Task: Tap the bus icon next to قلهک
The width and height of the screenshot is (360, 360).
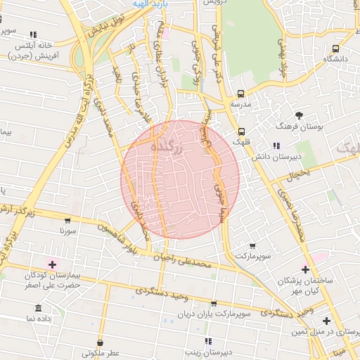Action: pos(242,131)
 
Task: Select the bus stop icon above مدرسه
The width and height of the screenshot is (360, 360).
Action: pos(241,94)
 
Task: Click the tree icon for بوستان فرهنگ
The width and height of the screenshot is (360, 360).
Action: pos(300,115)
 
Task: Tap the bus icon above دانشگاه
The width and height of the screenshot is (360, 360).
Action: pos(335,49)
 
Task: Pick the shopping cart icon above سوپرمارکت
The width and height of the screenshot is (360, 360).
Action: pos(252,246)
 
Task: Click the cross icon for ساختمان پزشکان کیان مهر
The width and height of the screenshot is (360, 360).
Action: pos(305,268)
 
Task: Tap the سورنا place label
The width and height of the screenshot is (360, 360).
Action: pos(68,229)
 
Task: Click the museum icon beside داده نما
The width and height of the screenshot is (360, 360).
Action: pos(37,309)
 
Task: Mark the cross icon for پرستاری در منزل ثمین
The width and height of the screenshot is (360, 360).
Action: pos(326,321)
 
